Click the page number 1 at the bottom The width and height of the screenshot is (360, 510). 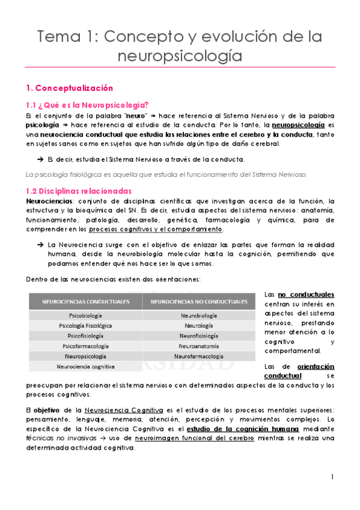click(332, 477)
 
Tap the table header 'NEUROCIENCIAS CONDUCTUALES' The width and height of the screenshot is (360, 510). click(84, 301)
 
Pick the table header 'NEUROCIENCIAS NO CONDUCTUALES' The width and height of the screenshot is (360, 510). click(199, 301)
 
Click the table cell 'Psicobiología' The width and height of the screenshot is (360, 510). click(84, 315)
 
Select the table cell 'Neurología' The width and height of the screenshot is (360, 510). click(199, 325)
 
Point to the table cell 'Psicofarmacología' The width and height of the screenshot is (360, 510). click(85, 346)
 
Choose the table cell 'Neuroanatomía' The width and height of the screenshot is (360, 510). click(199, 346)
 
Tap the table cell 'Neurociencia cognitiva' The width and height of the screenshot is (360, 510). click(85, 366)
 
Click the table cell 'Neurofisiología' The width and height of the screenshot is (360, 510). click(199, 336)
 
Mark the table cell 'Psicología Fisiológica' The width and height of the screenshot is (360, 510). click(85, 325)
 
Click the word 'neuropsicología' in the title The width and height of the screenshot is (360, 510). click(180, 57)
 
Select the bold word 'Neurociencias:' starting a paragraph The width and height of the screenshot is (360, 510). click(49, 201)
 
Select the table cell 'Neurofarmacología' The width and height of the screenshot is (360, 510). click(199, 356)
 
